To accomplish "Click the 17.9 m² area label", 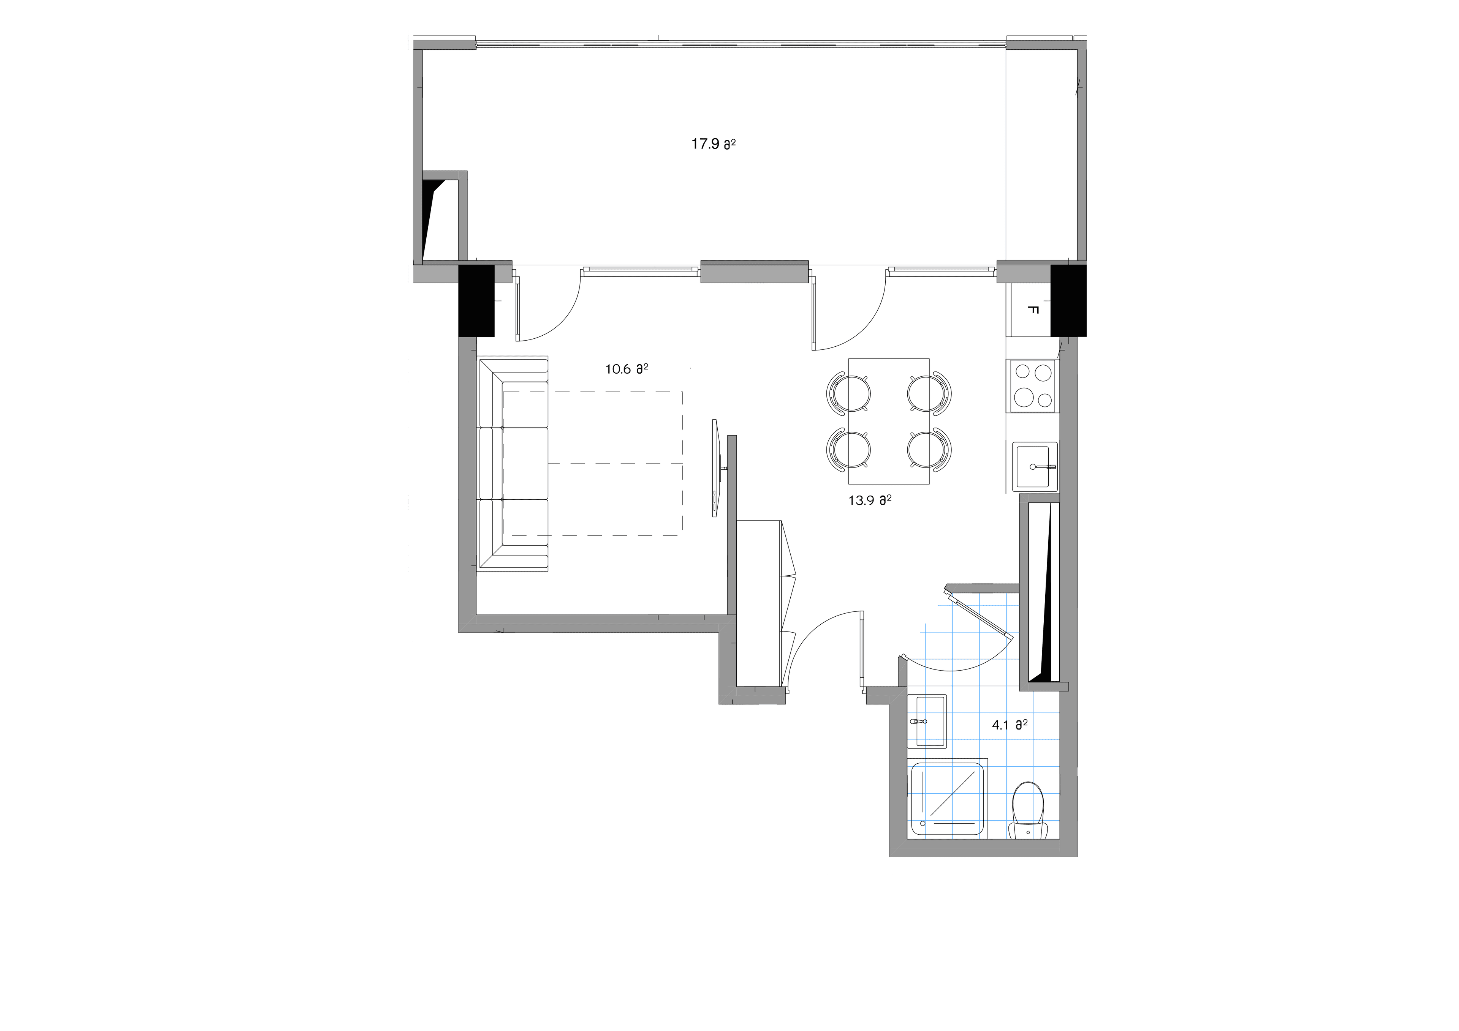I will pyautogui.click(x=713, y=144).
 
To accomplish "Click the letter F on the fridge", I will pyautogui.click(x=1033, y=311).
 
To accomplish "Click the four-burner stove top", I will pyautogui.click(x=1033, y=385).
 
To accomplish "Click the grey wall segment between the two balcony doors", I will pyautogui.click(x=754, y=272).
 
